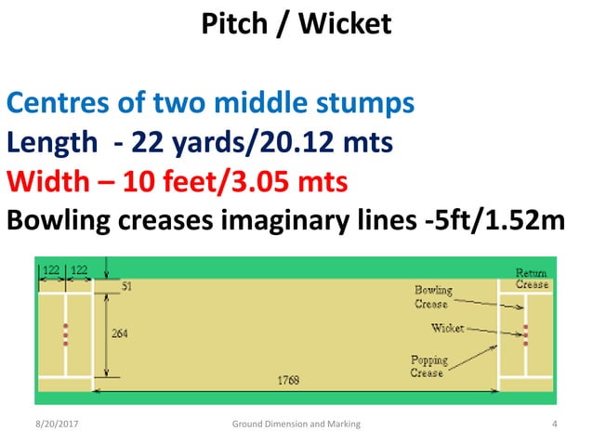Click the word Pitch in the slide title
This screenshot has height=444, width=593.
(234, 24)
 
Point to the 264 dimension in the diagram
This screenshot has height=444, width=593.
(121, 332)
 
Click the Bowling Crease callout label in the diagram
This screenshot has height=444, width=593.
(432, 297)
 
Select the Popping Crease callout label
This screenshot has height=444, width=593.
(428, 366)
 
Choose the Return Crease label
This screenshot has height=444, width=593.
(533, 279)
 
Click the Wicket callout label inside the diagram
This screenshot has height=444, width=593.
(447, 328)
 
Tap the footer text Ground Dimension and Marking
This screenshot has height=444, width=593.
(296, 424)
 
